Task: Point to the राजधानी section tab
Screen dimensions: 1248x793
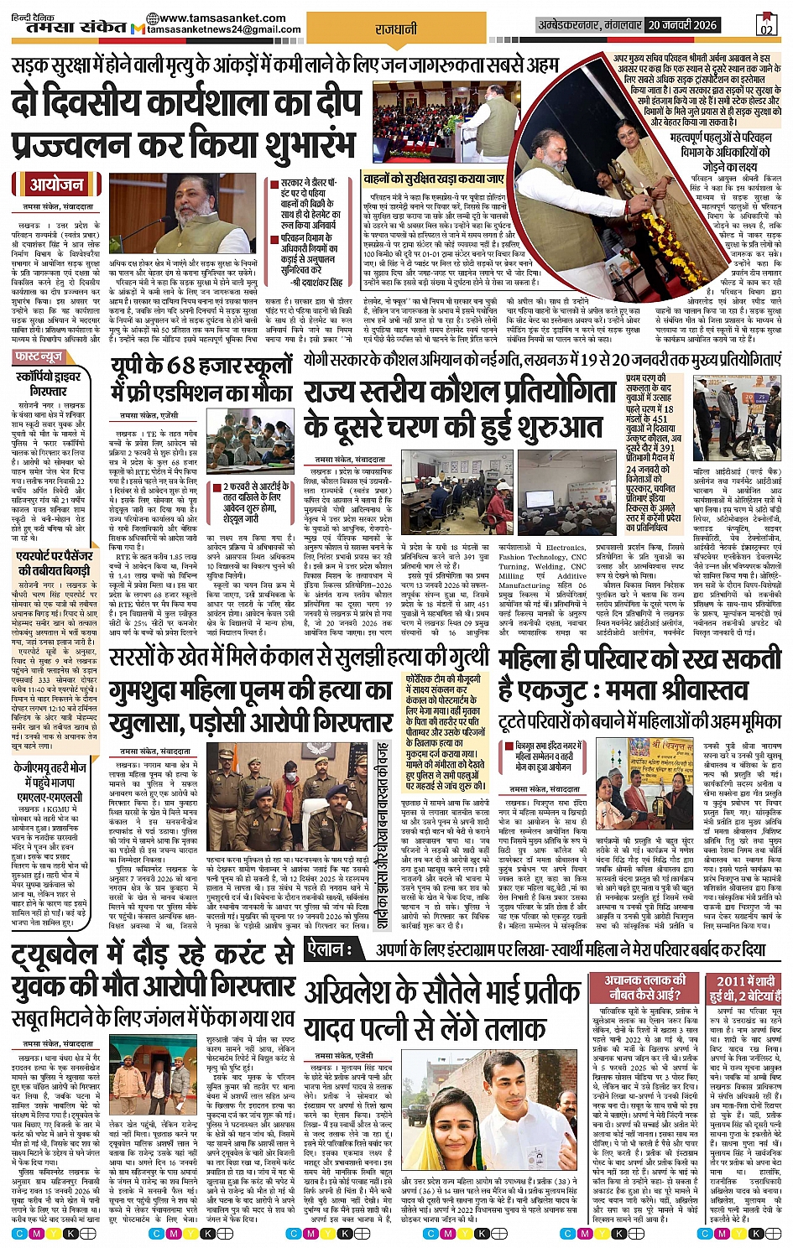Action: pos(396,29)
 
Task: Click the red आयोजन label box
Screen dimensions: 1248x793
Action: pos(56,185)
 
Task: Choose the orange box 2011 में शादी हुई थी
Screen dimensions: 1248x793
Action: pos(741,987)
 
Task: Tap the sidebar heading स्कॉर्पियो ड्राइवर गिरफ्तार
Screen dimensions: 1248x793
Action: pos(49,384)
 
